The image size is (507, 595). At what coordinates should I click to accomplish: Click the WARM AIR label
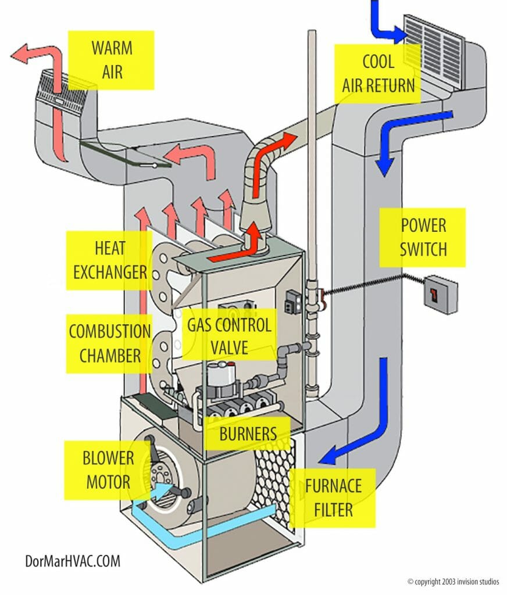[x=111, y=60]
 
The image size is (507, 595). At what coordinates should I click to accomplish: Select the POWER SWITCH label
[x=423, y=237]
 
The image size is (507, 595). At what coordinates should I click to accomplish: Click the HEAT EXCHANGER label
[x=109, y=260]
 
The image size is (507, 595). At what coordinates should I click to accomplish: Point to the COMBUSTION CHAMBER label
[x=109, y=343]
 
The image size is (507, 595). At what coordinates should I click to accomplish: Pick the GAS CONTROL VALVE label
[x=229, y=336]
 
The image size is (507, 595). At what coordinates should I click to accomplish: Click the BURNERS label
[x=247, y=433]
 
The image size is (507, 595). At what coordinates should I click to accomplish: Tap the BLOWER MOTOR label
[x=108, y=469]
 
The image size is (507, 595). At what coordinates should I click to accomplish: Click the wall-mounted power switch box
[x=441, y=295]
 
